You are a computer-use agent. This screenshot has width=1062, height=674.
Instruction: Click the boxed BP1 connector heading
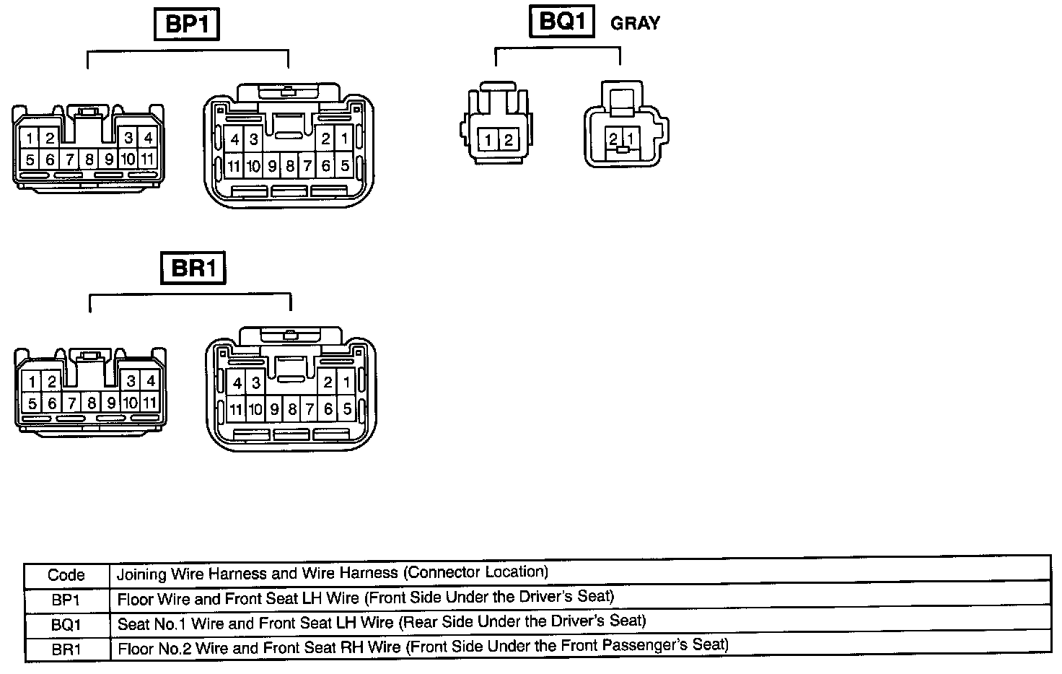click(x=187, y=25)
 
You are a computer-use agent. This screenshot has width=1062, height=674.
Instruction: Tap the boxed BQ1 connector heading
click(x=561, y=22)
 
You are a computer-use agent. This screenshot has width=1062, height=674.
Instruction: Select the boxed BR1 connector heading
click(x=193, y=269)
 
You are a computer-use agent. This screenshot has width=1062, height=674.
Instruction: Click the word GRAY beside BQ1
click(x=635, y=24)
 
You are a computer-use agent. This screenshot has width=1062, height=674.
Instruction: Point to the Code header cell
click(x=66, y=575)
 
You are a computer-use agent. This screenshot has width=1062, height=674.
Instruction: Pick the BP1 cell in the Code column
click(x=66, y=600)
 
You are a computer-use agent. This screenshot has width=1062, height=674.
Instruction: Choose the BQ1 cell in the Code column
click(x=66, y=624)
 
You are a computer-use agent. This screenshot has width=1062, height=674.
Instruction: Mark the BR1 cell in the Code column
click(x=66, y=649)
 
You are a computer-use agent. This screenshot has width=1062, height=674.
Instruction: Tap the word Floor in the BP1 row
click(x=135, y=600)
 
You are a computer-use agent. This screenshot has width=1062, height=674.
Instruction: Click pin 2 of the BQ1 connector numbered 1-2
click(x=508, y=140)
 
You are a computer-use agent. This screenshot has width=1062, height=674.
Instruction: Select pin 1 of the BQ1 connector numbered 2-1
click(x=630, y=137)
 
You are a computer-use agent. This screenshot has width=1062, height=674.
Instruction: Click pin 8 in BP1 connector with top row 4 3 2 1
click(x=289, y=167)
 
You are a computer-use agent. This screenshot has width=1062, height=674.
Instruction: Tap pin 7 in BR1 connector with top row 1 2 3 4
click(x=71, y=403)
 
